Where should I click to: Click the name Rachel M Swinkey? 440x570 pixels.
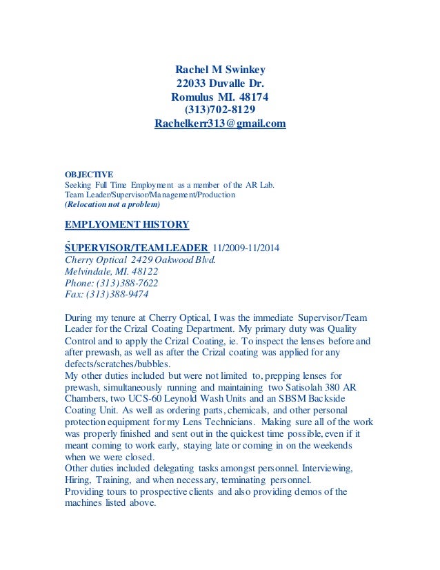click(x=220, y=69)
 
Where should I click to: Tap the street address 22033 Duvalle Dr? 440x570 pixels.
click(x=220, y=83)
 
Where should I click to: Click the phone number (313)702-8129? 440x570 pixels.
click(x=220, y=110)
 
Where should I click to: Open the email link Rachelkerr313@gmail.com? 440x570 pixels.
click(x=220, y=124)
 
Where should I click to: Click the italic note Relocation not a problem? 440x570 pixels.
click(x=112, y=205)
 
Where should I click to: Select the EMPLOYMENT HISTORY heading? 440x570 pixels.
click(x=126, y=225)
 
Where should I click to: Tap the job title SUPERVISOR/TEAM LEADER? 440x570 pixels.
click(x=136, y=248)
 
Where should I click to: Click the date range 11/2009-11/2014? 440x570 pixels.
click(x=247, y=248)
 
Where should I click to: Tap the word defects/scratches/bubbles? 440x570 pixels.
click(x=117, y=364)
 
